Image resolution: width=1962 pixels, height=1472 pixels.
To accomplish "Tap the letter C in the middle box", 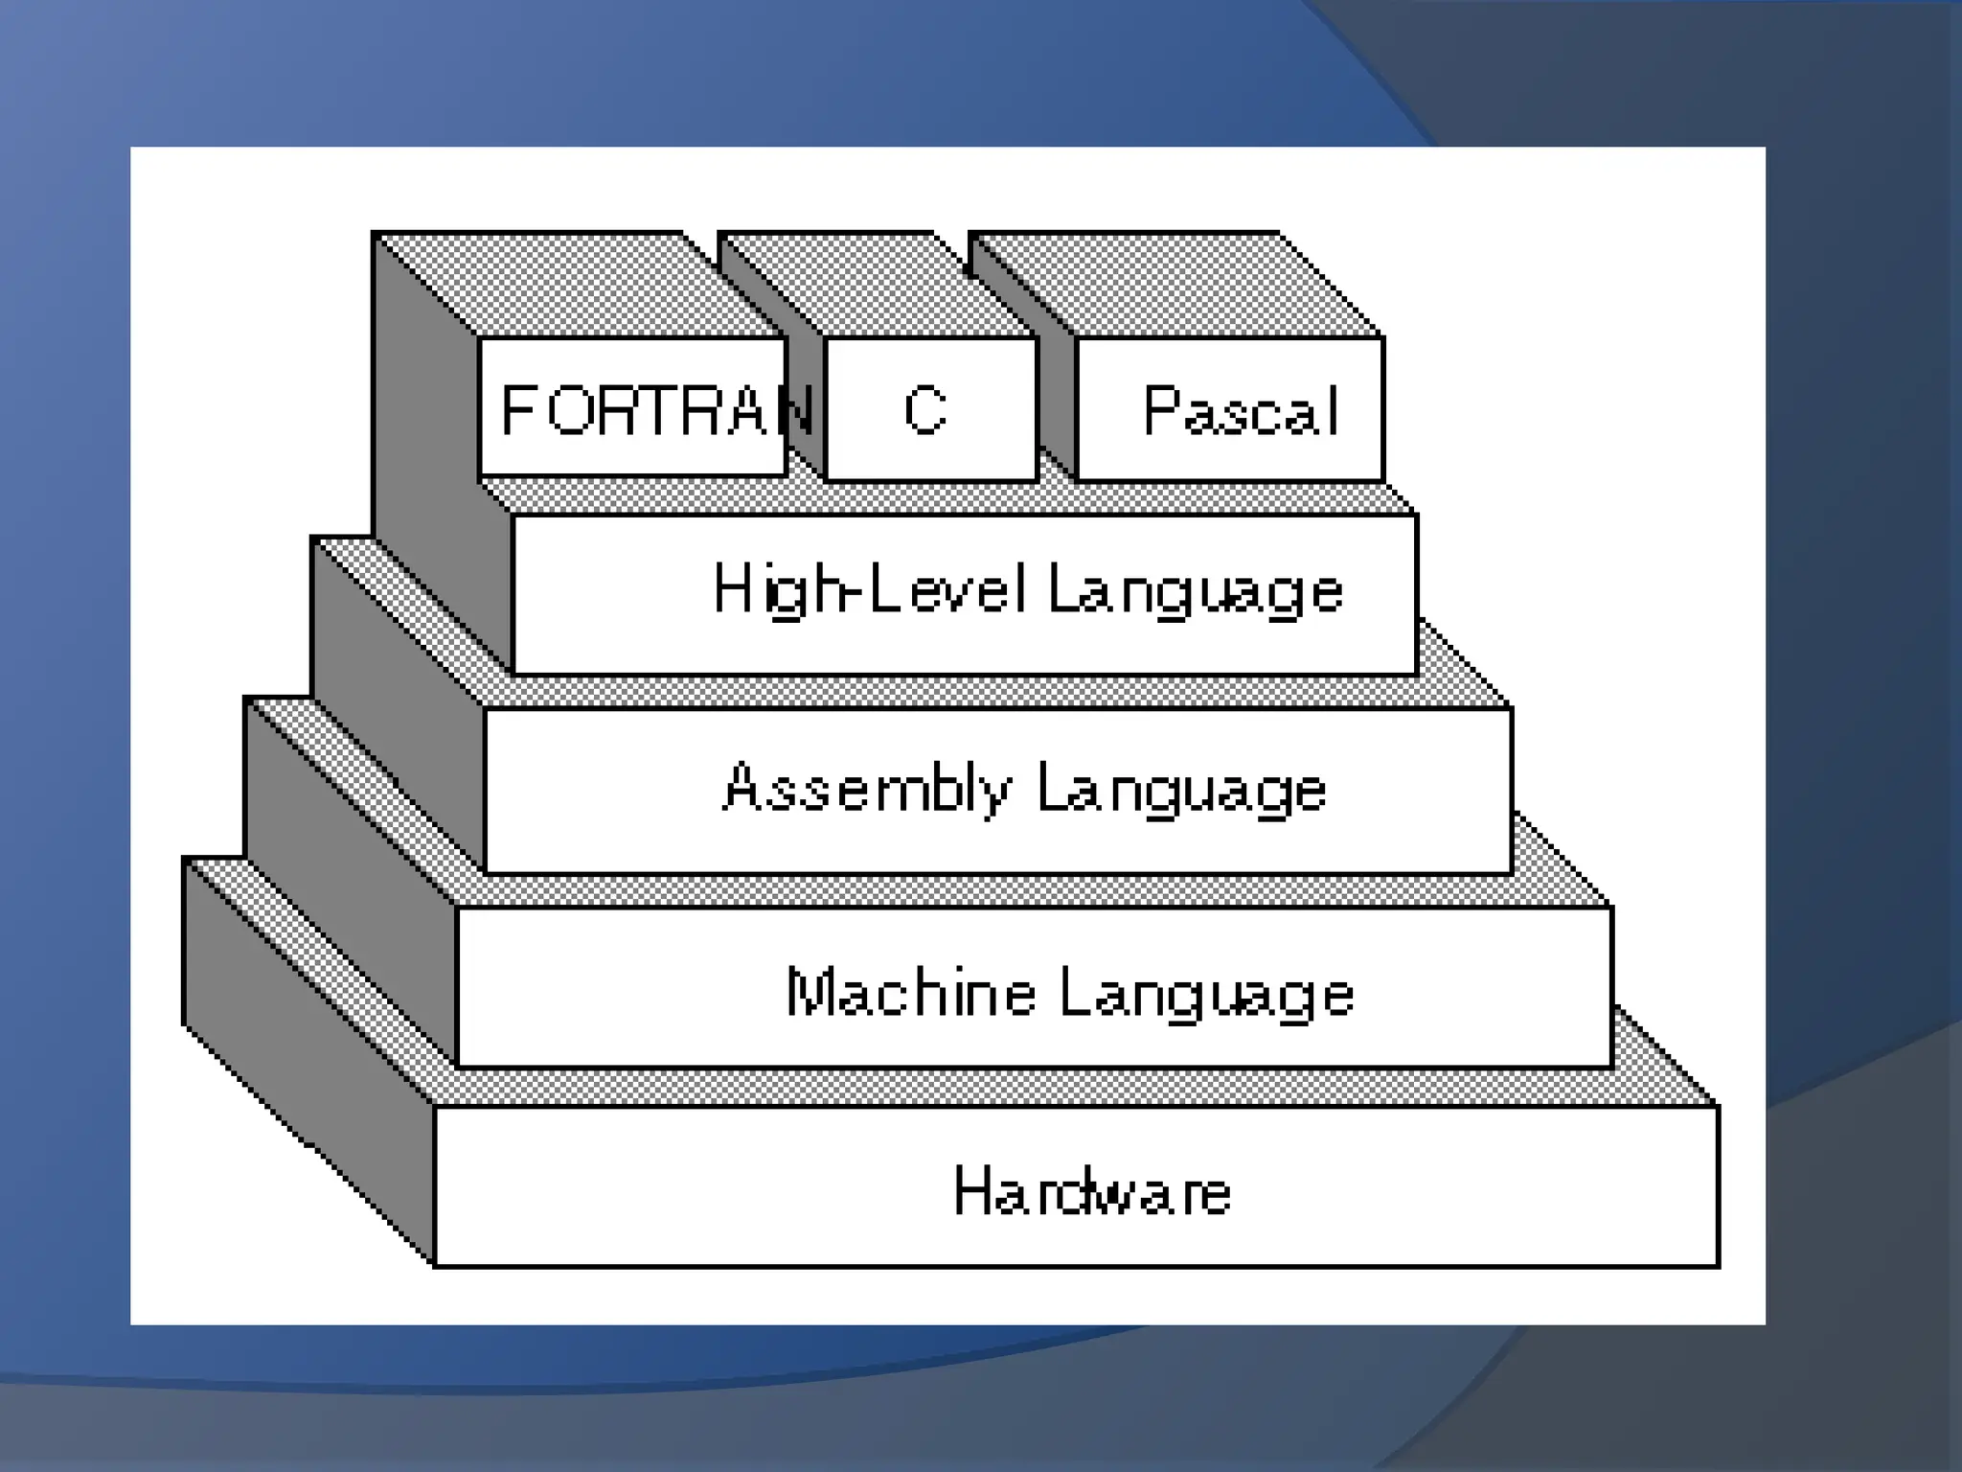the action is pos(925,410).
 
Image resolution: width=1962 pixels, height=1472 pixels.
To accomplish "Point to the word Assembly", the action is pos(866,789).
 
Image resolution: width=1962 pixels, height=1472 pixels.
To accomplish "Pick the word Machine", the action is pos(910,992).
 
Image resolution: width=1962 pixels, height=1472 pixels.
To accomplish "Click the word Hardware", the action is pos(1092,1192).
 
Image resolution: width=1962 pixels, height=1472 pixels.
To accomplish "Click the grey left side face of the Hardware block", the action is pos(307,1054).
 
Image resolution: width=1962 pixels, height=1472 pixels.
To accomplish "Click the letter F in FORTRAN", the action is pos(516,410).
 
